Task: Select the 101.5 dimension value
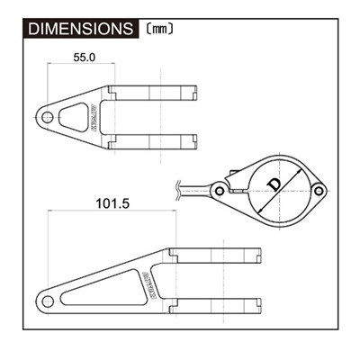[112, 204]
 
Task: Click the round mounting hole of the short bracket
[47, 115]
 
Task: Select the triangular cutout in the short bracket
[70, 114]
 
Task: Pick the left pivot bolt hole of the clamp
[219, 191]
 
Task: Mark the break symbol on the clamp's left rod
[183, 190]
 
